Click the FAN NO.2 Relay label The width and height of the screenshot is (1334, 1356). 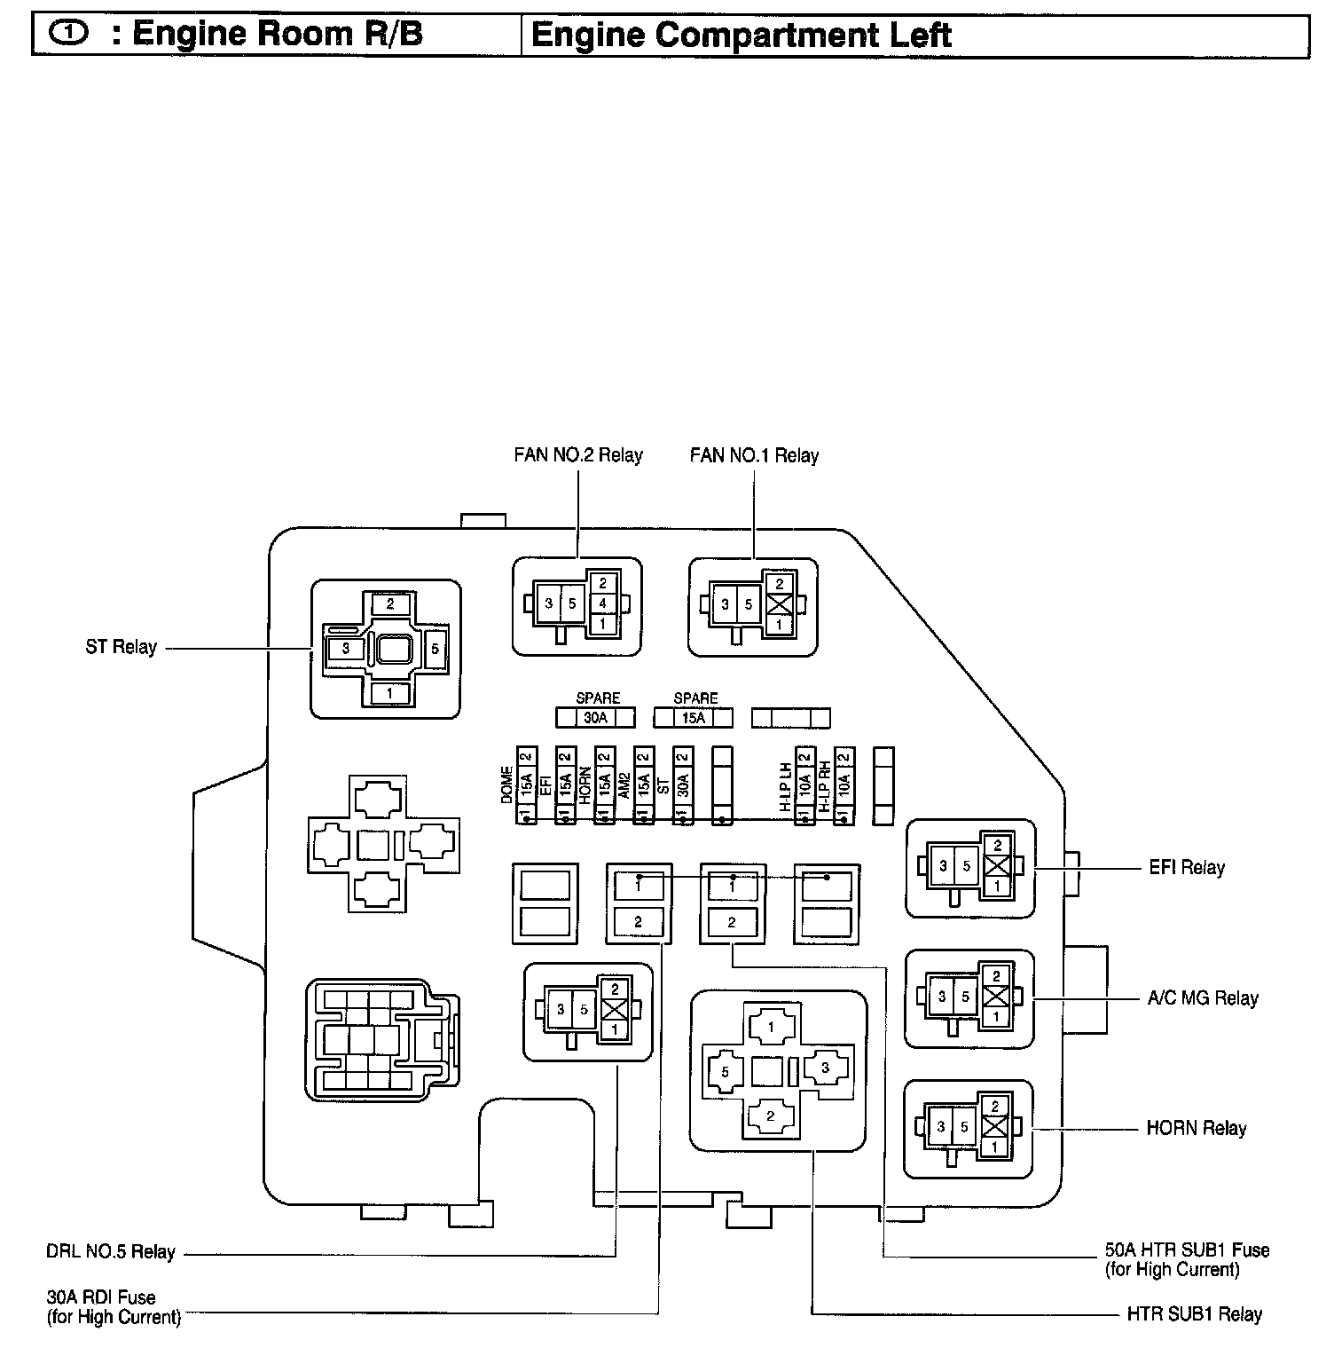(577, 455)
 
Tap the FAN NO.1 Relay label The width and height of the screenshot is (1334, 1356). (754, 455)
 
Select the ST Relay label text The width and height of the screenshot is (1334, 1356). (121, 647)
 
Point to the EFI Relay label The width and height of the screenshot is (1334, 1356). (1186, 867)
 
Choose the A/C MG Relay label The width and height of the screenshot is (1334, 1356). (1202, 997)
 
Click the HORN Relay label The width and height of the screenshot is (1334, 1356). (1196, 1128)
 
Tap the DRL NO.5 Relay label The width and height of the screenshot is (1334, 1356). (111, 1252)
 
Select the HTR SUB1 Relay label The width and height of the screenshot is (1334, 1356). (1194, 1314)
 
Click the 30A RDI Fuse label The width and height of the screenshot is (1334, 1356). (101, 1297)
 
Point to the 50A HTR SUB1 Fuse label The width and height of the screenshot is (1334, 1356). (1187, 1250)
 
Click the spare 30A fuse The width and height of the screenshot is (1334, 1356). (595, 717)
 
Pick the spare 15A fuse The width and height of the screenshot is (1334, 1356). (694, 717)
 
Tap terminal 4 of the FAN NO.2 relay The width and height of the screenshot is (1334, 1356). (603, 604)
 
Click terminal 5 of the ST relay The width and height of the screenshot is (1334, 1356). (436, 649)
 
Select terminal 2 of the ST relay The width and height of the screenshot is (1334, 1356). (390, 604)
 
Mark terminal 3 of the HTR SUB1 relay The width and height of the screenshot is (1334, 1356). (824, 1068)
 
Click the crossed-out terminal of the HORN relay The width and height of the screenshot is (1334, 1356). (995, 1128)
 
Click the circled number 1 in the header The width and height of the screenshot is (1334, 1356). (70, 35)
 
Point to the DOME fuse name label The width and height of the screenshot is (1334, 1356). (507, 785)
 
